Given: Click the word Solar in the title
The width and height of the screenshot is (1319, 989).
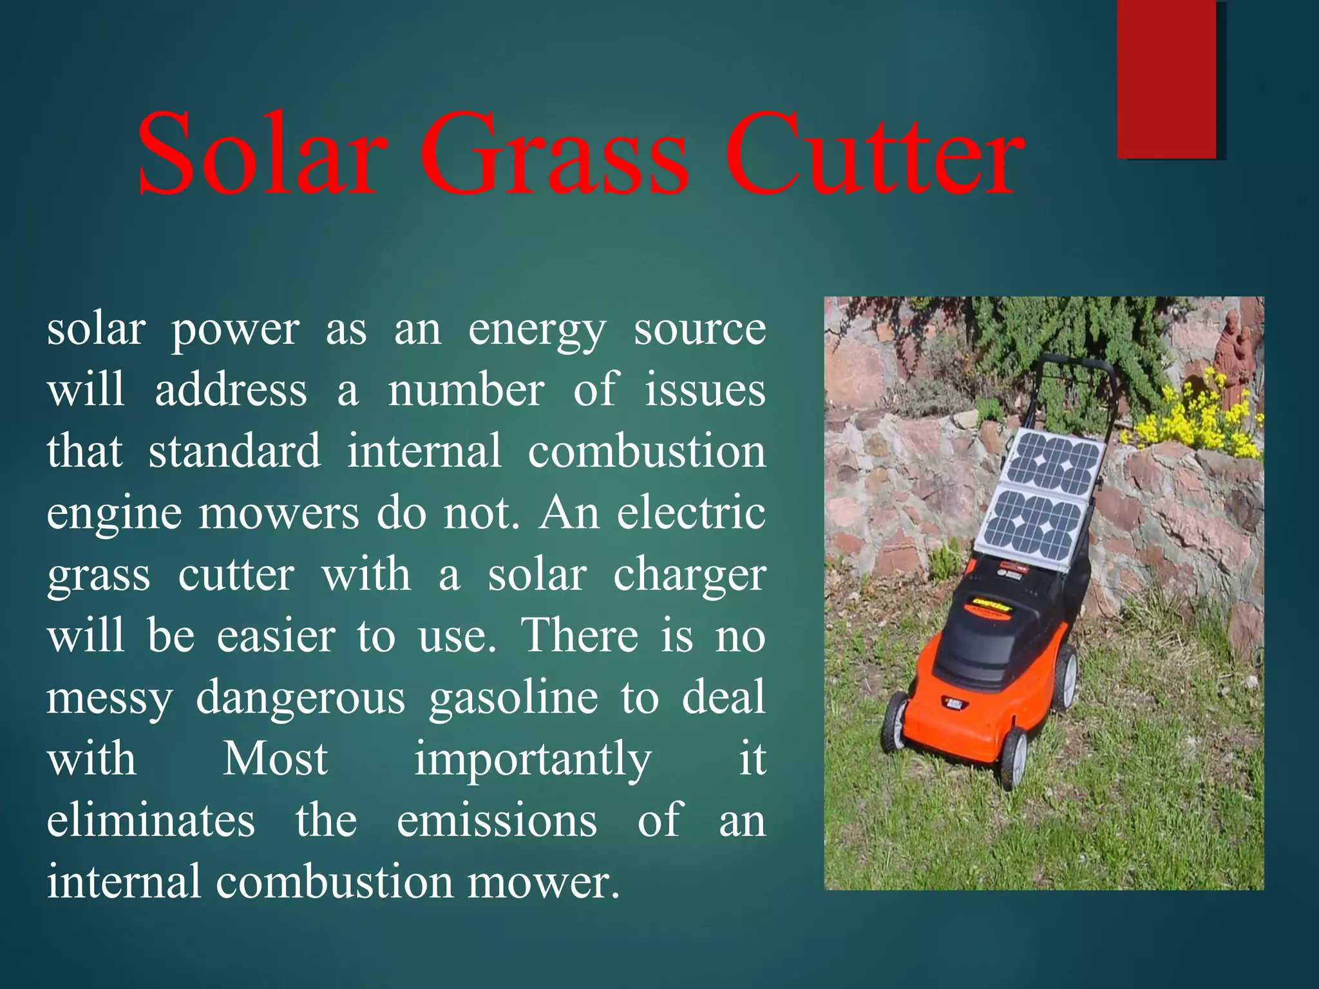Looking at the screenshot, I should [261, 155].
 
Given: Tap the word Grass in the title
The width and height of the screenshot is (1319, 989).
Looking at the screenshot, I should [554, 155].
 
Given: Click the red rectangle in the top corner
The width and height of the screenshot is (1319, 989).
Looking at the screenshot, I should [1166, 79].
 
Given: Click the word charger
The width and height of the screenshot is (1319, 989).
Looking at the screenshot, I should [689, 575].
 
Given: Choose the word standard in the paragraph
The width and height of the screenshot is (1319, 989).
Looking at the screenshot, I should [234, 452].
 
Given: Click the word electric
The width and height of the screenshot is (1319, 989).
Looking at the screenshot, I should [691, 513].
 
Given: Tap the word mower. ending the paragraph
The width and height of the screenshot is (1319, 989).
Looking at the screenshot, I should [543, 882].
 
